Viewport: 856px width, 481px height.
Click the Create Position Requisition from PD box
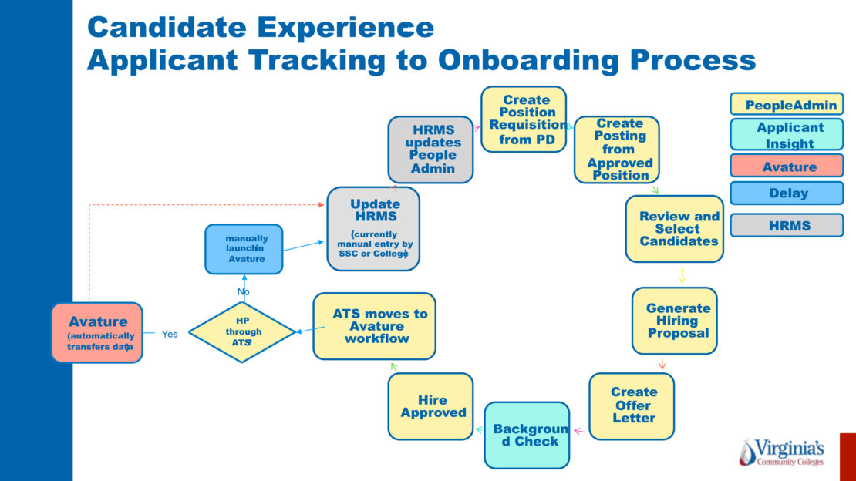click(x=524, y=119)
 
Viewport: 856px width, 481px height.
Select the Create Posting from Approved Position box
click(x=617, y=150)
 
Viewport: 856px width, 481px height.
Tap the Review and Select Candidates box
click(x=674, y=229)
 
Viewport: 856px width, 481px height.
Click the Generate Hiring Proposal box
click(x=674, y=321)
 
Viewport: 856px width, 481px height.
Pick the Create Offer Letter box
click(x=632, y=406)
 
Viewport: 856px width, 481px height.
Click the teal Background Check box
click(x=527, y=435)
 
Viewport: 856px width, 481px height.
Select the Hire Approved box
click(x=431, y=406)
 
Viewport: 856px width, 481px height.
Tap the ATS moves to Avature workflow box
click(x=374, y=326)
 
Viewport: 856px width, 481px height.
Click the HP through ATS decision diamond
click(x=242, y=332)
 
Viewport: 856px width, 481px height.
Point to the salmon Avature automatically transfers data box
click(x=97, y=332)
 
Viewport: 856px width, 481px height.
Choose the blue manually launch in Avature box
click(x=243, y=249)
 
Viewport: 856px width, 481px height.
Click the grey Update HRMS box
click(x=373, y=229)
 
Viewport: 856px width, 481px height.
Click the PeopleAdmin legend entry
click(x=787, y=104)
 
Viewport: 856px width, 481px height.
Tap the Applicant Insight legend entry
click(x=787, y=135)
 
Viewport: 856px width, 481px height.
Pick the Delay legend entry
click(x=787, y=193)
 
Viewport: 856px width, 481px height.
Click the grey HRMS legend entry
click(x=787, y=225)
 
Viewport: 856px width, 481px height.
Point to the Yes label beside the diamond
click(x=170, y=334)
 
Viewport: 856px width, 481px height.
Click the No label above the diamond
click(x=244, y=291)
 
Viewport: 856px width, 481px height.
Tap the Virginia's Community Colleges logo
click(x=781, y=452)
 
